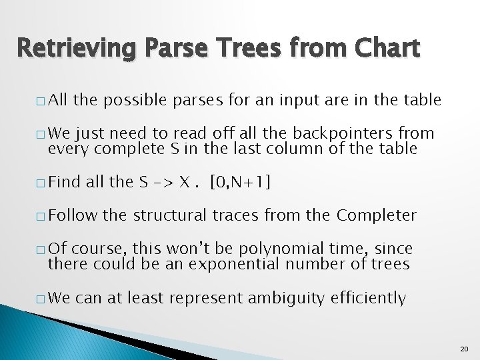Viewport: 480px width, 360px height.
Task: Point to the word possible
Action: pos(137,101)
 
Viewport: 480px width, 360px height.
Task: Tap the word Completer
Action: pos(377,215)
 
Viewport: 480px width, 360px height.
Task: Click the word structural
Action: pos(172,215)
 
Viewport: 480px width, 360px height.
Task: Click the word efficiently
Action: pos(371,297)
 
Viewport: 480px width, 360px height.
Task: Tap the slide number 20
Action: pos(464,349)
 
